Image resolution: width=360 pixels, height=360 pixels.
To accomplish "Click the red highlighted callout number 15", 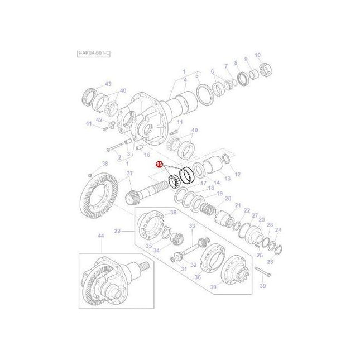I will click(x=160, y=165).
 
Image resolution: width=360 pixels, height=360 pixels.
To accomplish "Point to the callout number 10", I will click(x=257, y=55).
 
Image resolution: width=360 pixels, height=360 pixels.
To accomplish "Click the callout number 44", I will click(x=101, y=236).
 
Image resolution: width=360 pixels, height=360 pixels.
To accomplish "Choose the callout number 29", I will click(x=117, y=231).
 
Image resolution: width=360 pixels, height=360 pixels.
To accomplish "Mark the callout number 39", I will click(x=263, y=286).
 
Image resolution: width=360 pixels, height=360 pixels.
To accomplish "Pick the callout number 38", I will click(x=104, y=164).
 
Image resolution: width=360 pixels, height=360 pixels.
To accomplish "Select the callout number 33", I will click(x=191, y=225).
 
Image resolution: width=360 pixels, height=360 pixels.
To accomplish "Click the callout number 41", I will click(x=88, y=123).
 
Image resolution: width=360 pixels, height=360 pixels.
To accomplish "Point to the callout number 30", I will click(x=212, y=287).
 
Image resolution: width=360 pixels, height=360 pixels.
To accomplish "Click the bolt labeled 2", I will click(x=114, y=148).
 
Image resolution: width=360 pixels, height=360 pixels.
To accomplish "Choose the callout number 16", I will click(x=147, y=155).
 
